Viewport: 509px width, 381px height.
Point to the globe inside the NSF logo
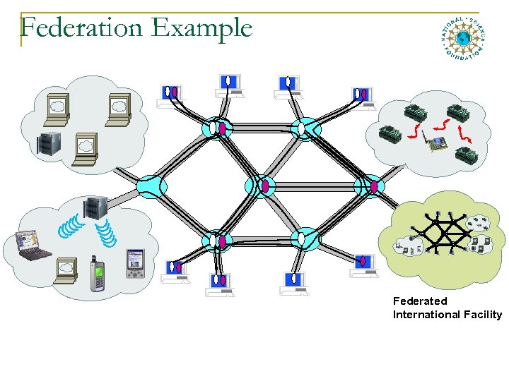[x=463, y=38]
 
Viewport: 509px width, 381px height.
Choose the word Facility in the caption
[x=481, y=315]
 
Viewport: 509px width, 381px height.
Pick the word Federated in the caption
[x=420, y=301]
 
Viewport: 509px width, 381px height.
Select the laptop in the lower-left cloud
[x=33, y=245]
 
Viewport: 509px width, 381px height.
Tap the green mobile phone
[x=97, y=275]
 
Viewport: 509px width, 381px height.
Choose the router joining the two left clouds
[x=151, y=186]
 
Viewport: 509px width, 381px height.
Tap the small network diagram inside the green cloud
[x=444, y=232]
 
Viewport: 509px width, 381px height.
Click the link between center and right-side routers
[x=315, y=186]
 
